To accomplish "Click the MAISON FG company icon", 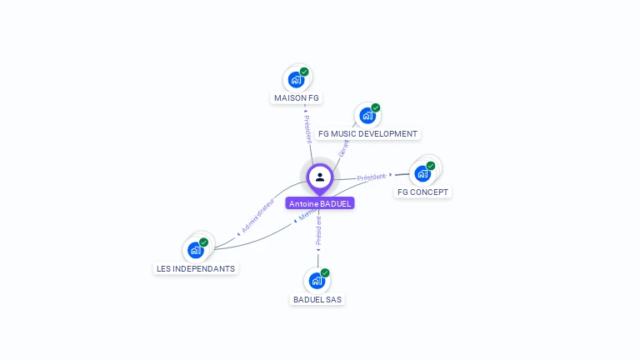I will (x=296, y=80).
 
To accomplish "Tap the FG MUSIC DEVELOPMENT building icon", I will (x=367, y=116).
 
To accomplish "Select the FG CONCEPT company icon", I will (x=422, y=173).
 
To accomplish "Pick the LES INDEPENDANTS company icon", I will (x=196, y=250).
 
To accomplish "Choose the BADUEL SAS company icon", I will (x=317, y=281).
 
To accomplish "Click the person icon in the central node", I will (x=320, y=177).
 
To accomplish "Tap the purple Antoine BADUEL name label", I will (x=320, y=203).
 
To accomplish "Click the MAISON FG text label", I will (x=297, y=98).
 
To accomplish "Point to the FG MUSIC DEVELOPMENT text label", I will (x=367, y=134).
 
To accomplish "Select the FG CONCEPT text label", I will (x=422, y=192).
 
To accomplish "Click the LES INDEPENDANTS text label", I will (x=196, y=269).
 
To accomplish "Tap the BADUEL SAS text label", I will (x=317, y=299).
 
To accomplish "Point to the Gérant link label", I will (x=343, y=148).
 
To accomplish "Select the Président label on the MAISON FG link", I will (x=307, y=128).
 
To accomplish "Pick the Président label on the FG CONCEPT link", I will (x=372, y=177).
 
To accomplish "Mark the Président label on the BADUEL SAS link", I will (x=318, y=231).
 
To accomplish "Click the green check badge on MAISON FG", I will (x=304, y=72).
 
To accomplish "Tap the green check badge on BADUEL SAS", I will (x=325, y=272).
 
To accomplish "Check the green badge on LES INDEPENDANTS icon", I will (x=203, y=242).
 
